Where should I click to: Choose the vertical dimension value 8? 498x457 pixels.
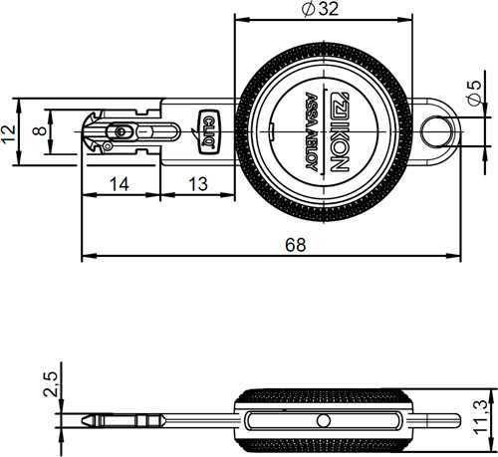tap(39, 131)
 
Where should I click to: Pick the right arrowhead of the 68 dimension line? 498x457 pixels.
tap(460, 254)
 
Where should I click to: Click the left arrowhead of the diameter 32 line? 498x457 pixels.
tap(237, 17)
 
